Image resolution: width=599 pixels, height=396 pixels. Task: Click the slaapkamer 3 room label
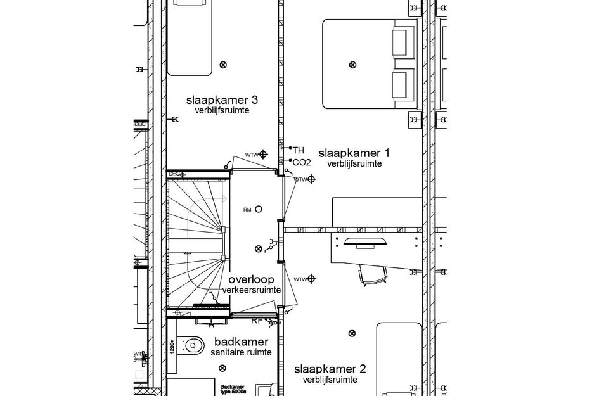[x=221, y=100]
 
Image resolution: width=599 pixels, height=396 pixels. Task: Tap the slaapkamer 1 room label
[x=354, y=153]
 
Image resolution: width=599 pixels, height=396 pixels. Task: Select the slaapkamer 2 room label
[x=330, y=369]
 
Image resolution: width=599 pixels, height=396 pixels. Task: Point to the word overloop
[x=251, y=279]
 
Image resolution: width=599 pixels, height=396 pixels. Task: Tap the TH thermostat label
[x=299, y=150]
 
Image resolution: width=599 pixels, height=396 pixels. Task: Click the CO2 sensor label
[x=302, y=162]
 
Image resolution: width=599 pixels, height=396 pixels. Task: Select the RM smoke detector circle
[x=259, y=210]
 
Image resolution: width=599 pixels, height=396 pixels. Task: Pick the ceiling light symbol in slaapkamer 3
[x=222, y=64]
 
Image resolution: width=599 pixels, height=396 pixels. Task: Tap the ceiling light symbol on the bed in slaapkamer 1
[x=352, y=64]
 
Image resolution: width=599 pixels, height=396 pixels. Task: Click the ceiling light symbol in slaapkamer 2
[x=352, y=333]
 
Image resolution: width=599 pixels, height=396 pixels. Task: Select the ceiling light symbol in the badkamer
[x=222, y=368]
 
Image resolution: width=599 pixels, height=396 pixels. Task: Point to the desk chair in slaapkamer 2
[x=372, y=274]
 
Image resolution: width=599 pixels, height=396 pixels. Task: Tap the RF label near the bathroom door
[x=257, y=321]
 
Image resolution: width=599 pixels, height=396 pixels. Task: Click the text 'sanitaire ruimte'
[x=234, y=352]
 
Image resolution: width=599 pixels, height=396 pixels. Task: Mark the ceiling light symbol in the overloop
[x=257, y=249]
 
